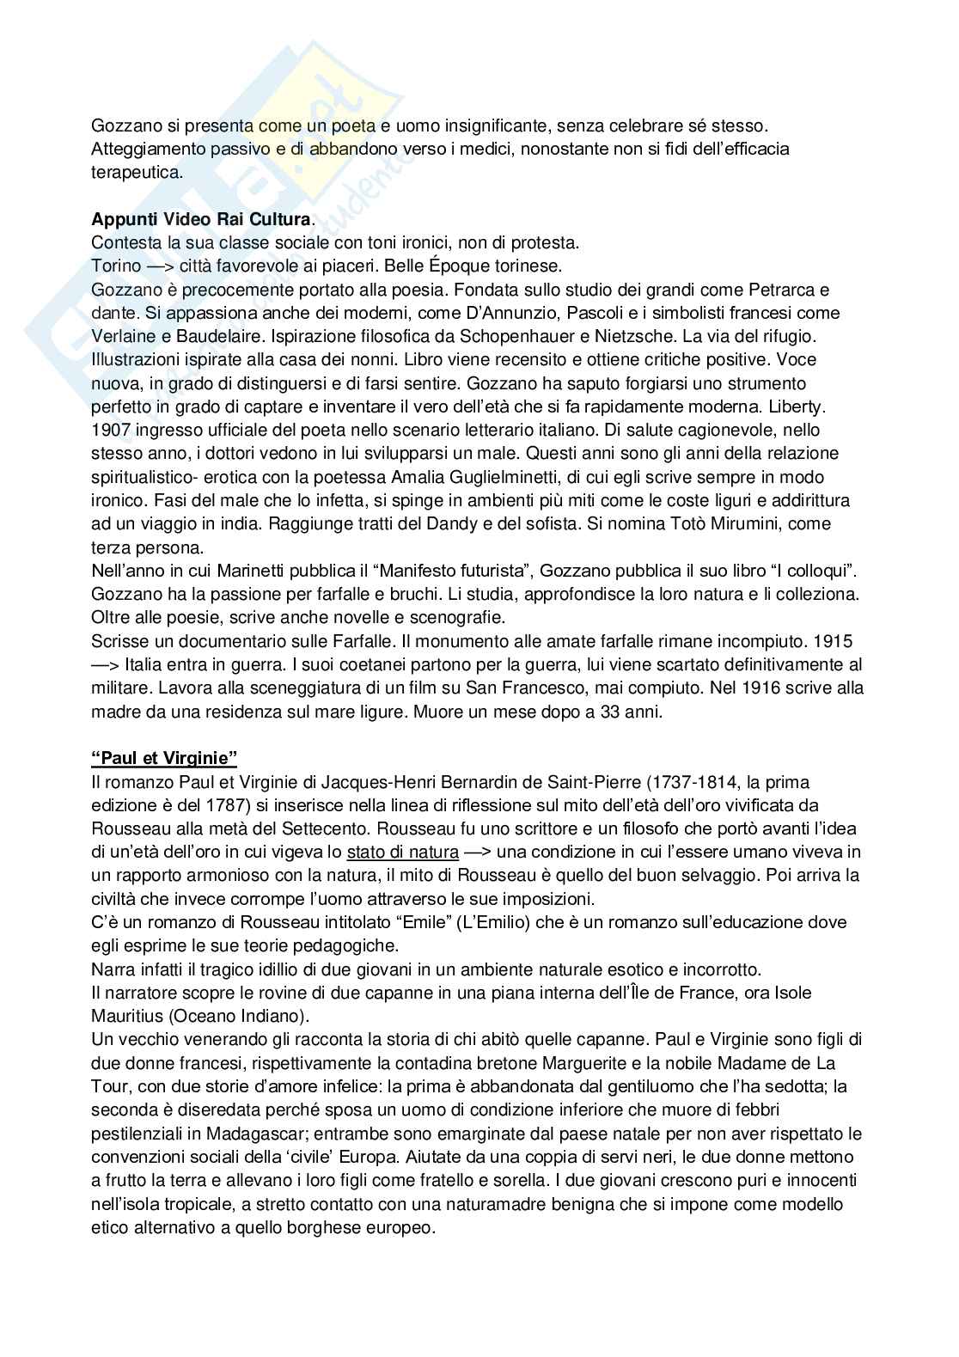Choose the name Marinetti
250,570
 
